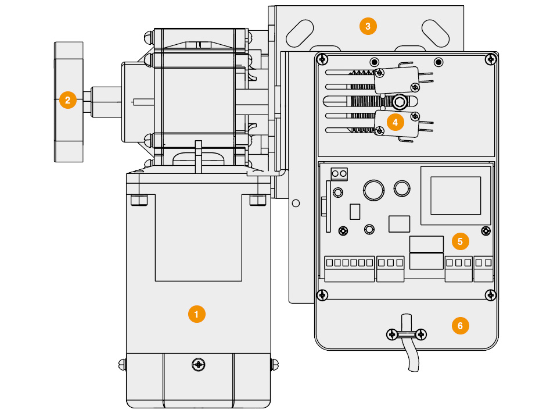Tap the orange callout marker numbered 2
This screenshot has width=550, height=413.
tap(68, 100)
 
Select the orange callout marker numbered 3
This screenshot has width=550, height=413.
tap(368, 26)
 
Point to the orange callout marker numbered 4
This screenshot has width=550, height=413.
tap(396, 122)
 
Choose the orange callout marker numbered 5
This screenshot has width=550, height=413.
tap(461, 241)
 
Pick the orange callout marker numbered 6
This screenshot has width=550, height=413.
tap(461, 326)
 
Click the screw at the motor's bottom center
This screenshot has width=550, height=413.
tap(199, 365)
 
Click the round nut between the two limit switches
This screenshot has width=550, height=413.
tap(399, 102)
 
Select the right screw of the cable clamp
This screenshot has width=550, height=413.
tap(422, 334)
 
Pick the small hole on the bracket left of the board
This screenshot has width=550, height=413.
tap(296, 203)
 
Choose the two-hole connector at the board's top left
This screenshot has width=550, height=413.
tap(339, 173)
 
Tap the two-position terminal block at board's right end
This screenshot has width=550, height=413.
tap(483, 268)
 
